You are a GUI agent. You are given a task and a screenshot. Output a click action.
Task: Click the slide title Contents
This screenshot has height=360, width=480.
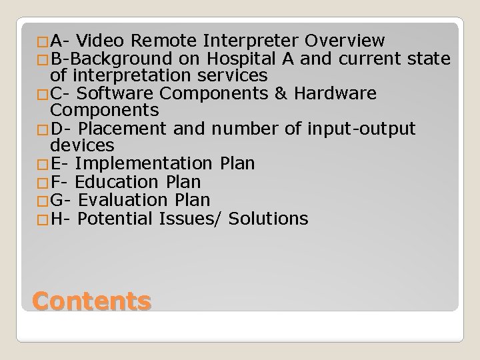[x=91, y=301]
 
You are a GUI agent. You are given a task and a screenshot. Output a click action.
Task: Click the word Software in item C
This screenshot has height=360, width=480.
[x=118, y=93]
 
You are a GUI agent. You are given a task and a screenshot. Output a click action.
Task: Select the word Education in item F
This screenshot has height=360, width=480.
[x=115, y=181]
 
